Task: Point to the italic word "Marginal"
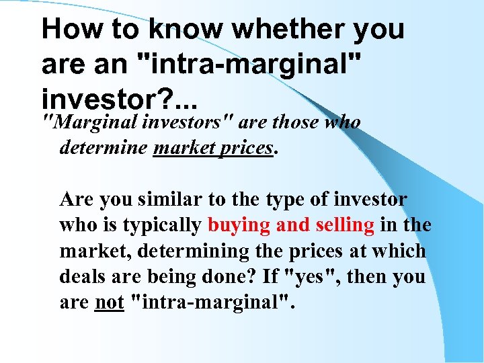pos(82,122)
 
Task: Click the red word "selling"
pos(342,225)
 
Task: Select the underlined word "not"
pos(109,302)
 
